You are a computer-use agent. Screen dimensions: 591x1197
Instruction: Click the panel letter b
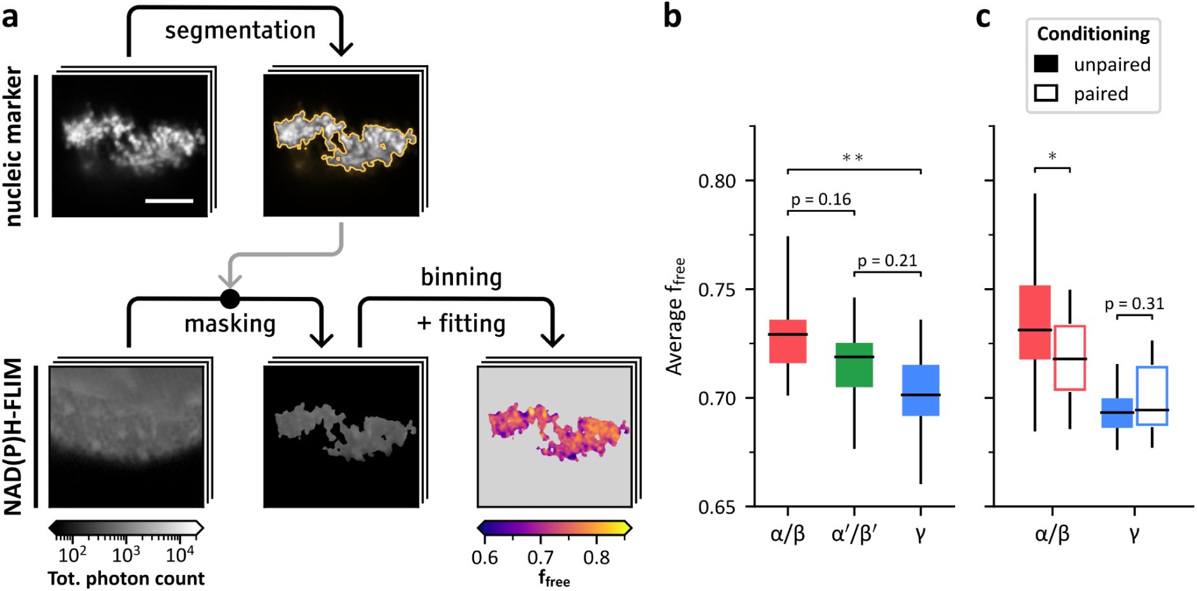pyautogui.click(x=672, y=17)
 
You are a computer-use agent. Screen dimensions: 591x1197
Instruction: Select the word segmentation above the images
pyautogui.click(x=240, y=31)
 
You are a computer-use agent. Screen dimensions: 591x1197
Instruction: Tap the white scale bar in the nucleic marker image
pyautogui.click(x=169, y=201)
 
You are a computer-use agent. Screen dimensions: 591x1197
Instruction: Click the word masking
pyautogui.click(x=230, y=324)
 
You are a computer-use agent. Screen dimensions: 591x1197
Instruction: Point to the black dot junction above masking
pyautogui.click(x=230, y=298)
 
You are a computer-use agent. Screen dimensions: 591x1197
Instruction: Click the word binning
pyautogui.click(x=461, y=277)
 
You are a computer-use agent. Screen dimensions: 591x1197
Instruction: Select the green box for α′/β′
pyautogui.click(x=854, y=365)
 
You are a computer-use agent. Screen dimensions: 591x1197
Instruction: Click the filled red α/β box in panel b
pyautogui.click(x=787, y=342)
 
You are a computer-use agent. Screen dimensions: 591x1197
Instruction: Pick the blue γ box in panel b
pyautogui.click(x=920, y=390)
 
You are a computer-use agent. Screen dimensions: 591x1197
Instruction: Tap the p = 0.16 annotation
pyautogui.click(x=821, y=200)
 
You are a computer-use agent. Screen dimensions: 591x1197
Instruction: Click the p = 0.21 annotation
pyautogui.click(x=887, y=261)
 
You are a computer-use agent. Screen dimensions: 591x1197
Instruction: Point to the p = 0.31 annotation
pyautogui.click(x=1134, y=304)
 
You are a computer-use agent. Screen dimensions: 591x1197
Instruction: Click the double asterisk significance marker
pyautogui.click(x=853, y=157)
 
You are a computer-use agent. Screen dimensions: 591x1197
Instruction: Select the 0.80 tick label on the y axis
pyautogui.click(x=717, y=181)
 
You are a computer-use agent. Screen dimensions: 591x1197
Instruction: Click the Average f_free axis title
pyautogui.click(x=676, y=316)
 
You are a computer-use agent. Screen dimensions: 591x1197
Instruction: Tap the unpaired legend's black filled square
pyautogui.click(x=1046, y=64)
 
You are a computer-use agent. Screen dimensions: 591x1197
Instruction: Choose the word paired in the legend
pyautogui.click(x=1101, y=94)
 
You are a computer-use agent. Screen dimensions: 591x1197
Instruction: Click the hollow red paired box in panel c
pyautogui.click(x=1069, y=358)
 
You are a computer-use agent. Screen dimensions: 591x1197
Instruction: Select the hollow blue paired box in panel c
pyautogui.click(x=1152, y=395)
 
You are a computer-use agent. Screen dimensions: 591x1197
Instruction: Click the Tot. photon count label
pyautogui.click(x=126, y=578)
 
